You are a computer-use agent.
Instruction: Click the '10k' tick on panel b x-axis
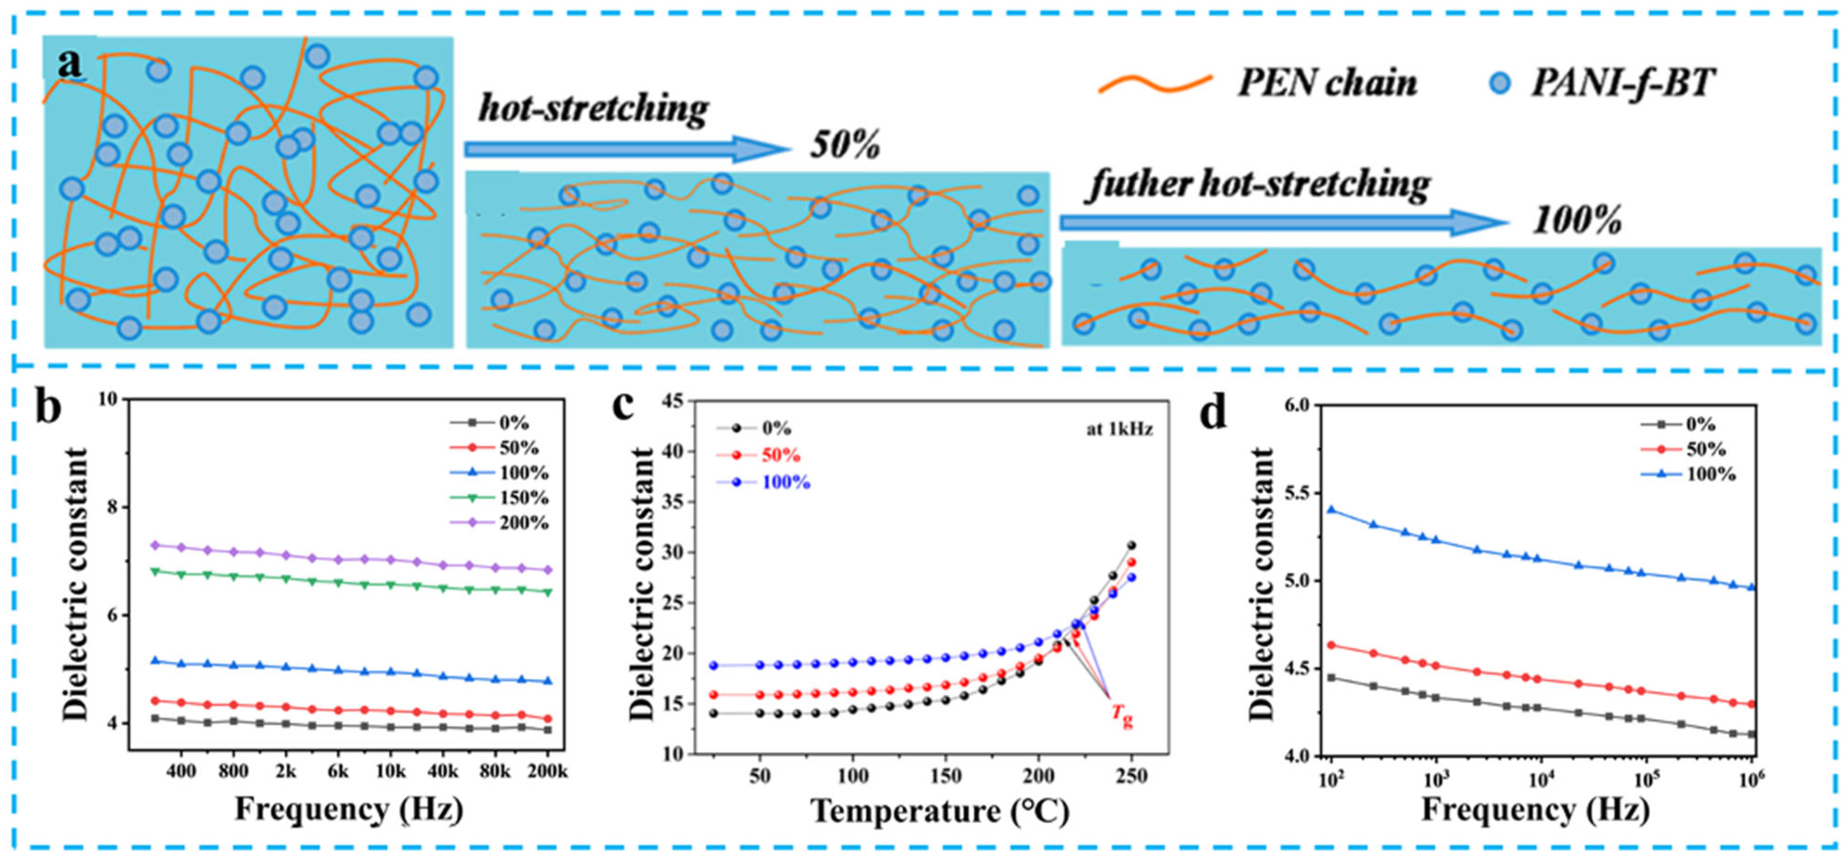(x=390, y=772)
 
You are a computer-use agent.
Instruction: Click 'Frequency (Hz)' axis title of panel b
(x=349, y=810)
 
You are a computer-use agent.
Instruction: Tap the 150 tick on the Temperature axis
(x=945, y=776)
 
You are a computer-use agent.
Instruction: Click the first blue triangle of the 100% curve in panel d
(x=1332, y=510)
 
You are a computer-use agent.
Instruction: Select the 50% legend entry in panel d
(x=1705, y=449)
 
